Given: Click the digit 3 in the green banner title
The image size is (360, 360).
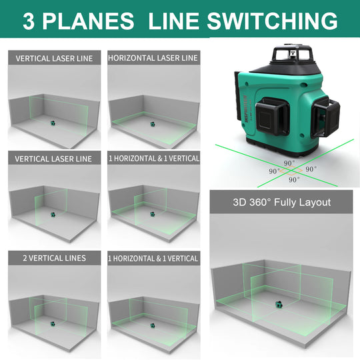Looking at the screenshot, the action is (x=29, y=21).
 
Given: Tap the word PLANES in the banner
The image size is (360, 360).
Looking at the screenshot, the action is (x=88, y=21).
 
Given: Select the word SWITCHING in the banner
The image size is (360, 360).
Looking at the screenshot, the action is (x=272, y=21).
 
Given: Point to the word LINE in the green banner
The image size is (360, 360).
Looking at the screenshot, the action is (x=173, y=21).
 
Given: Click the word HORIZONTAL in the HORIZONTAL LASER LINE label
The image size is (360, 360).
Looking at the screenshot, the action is (x=131, y=58).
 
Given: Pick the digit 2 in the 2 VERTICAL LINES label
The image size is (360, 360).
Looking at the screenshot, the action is (x=25, y=258).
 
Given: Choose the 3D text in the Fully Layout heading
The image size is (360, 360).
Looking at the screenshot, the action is (x=239, y=202).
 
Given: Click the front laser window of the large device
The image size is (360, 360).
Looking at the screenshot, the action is (x=272, y=117).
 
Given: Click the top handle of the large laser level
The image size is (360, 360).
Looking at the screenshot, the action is (x=292, y=53).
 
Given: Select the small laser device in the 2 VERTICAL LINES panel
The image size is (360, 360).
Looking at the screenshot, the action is (x=53, y=324).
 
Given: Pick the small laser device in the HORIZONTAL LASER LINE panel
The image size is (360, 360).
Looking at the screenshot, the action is (x=153, y=124).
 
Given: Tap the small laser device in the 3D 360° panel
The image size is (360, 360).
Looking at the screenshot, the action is (x=279, y=305).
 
